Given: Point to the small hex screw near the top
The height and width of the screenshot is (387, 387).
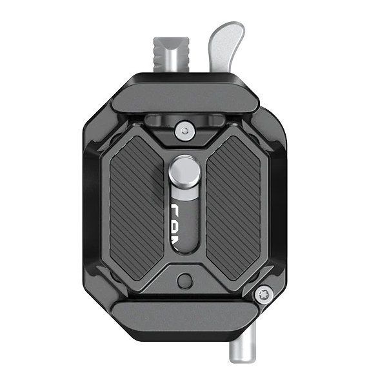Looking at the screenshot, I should (x=186, y=131).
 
